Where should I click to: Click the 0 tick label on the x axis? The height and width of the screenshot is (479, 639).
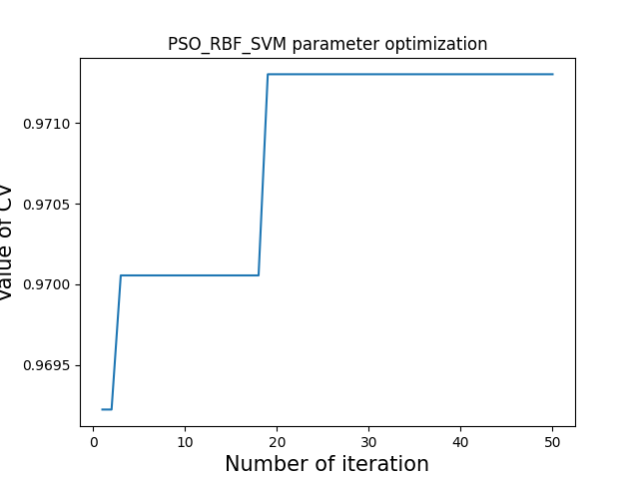[x=93, y=441]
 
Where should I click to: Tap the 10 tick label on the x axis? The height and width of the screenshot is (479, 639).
[x=185, y=441]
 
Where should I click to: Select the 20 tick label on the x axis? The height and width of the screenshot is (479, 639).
[x=277, y=441]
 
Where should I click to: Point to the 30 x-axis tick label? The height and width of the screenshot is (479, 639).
[x=368, y=441]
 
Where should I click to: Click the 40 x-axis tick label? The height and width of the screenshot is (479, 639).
[x=460, y=441]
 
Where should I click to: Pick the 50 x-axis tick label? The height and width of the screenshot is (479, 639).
[x=552, y=441]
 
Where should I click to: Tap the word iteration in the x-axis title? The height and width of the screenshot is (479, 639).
[x=385, y=464]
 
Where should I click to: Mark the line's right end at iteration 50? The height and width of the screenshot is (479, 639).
[x=552, y=74]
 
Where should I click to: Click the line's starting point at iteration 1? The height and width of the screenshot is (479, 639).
[x=102, y=409]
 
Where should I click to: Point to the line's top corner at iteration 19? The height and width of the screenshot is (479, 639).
[x=268, y=74]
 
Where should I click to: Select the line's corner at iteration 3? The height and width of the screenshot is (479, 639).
[x=121, y=275]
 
